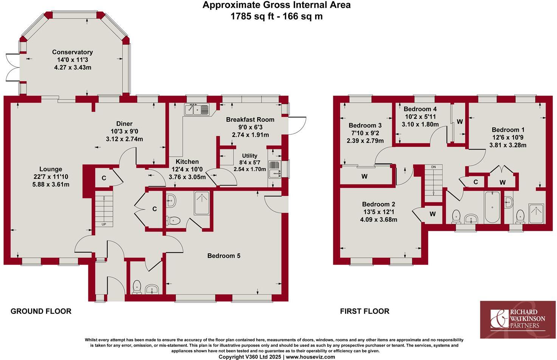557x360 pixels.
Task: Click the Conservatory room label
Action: click(72, 52)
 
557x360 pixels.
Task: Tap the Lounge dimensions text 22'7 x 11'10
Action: click(51, 177)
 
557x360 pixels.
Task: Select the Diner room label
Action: click(124, 124)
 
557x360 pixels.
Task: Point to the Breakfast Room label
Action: click(250, 119)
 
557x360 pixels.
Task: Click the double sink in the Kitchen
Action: click(196, 110)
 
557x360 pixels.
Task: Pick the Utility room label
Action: click(249, 156)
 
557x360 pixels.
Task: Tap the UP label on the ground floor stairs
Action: click(104, 224)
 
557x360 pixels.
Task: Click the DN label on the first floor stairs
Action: click(433, 167)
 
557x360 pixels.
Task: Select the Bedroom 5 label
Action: click(224, 256)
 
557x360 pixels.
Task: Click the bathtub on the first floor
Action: click(492, 207)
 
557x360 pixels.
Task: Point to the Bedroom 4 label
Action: click(420, 109)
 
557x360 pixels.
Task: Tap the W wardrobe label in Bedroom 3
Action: click(364, 177)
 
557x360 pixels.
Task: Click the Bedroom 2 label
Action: click(378, 204)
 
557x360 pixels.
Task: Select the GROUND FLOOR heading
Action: click(41, 311)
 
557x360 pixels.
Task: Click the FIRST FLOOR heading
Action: click(364, 311)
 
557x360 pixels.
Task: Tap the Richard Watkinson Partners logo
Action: click(518, 320)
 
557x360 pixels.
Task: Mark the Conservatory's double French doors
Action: click(11, 67)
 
